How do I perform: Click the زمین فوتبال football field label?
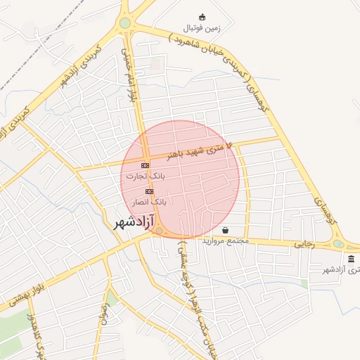coord(202,28)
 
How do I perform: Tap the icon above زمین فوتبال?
coord(202,17)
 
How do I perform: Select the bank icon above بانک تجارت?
coord(146,165)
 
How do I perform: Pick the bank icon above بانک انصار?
coord(149,191)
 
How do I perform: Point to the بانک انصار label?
coord(149,201)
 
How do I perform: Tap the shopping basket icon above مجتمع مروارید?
coord(225,230)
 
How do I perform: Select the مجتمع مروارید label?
coord(226,240)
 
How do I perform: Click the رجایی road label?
coord(303,244)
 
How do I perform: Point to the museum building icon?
coord(351,259)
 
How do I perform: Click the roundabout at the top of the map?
coord(125,23)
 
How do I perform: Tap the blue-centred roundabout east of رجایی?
coord(339,244)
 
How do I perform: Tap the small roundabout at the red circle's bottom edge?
coord(160,231)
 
